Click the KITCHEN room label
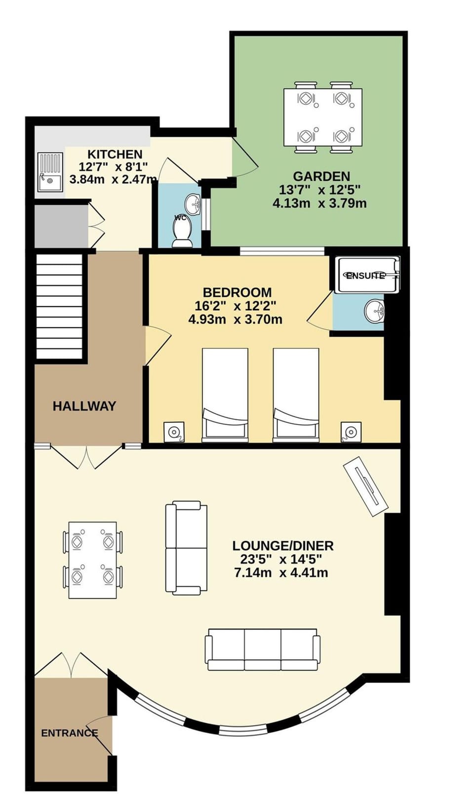tap(115, 154)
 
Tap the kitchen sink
tap(50, 172)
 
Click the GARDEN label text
tap(321, 176)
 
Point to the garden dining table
tap(323, 117)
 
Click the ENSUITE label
tap(365, 276)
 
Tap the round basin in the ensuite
tap(374, 311)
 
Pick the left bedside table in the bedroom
tap(174, 432)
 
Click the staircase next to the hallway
tap(59, 306)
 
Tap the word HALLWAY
tap(84, 406)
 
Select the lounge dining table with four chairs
tap(92, 560)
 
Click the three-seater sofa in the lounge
tap(263, 649)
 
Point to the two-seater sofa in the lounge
tap(186, 548)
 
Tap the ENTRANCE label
tap(69, 733)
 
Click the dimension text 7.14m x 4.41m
tap(281, 573)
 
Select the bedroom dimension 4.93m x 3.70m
tap(236, 320)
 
